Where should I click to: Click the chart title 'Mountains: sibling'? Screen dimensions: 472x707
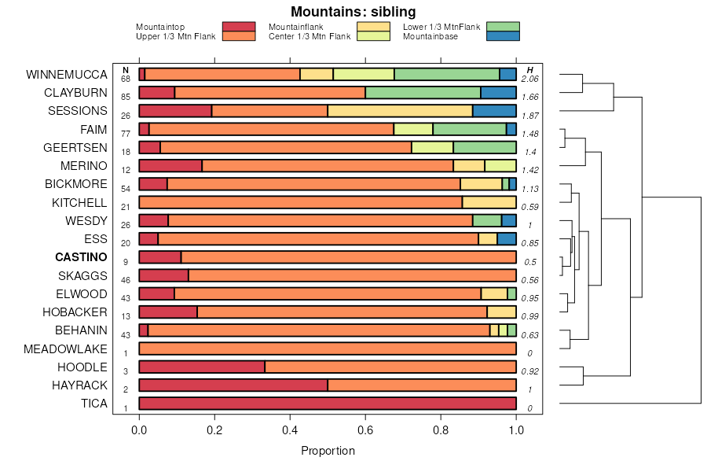point(353,12)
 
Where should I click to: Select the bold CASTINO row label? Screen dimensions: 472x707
point(81,257)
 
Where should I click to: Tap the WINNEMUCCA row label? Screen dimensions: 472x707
point(66,75)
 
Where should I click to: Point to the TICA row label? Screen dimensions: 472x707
point(93,404)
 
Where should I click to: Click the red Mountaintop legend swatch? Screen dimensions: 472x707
point(239,27)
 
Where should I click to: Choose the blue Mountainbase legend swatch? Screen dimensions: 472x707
point(503,36)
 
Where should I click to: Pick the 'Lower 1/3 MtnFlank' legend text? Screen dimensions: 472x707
point(441,27)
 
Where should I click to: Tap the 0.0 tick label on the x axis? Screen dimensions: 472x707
point(139,430)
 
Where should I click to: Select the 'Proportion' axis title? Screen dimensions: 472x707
point(328,451)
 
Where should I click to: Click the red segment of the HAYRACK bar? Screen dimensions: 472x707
point(233,385)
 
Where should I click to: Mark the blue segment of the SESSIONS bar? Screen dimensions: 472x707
point(494,111)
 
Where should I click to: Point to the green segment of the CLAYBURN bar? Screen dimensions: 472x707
point(423,93)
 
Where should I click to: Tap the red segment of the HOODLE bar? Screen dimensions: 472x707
point(202,367)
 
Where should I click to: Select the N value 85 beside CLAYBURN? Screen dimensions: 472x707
point(126,98)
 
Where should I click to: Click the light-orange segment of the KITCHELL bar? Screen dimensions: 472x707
point(489,202)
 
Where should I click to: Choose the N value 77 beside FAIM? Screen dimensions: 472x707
point(126,134)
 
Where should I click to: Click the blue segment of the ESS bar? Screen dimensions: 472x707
point(507,239)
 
